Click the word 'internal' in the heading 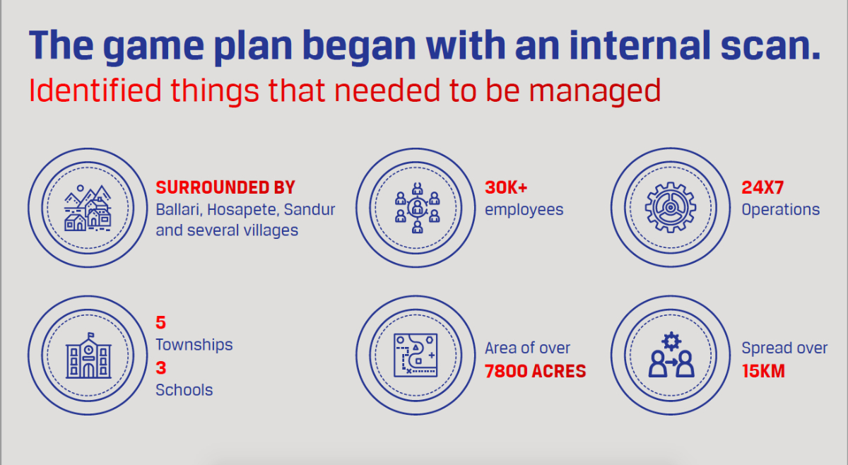pyautogui.click(x=640, y=45)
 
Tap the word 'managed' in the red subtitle pyautogui.click(x=595, y=92)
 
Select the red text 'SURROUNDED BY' pyautogui.click(x=225, y=187)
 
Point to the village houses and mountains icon pyautogui.click(x=88, y=208)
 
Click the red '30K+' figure pyautogui.click(x=506, y=187)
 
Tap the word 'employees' pyautogui.click(x=524, y=210)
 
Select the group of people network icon pyautogui.click(x=417, y=208)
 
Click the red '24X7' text pyautogui.click(x=762, y=187)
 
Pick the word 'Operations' pyautogui.click(x=781, y=210)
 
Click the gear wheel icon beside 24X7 pyautogui.click(x=671, y=208)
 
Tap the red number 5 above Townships pyautogui.click(x=161, y=323)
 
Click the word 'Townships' pyautogui.click(x=194, y=345)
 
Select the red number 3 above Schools pyautogui.click(x=161, y=367)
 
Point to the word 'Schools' pyautogui.click(x=184, y=390)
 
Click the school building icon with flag pyautogui.click(x=88, y=355)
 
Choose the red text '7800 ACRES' pyautogui.click(x=536, y=371)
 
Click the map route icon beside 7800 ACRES pyautogui.click(x=416, y=355)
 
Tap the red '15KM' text pyautogui.click(x=763, y=371)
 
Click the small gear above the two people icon pyautogui.click(x=671, y=341)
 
